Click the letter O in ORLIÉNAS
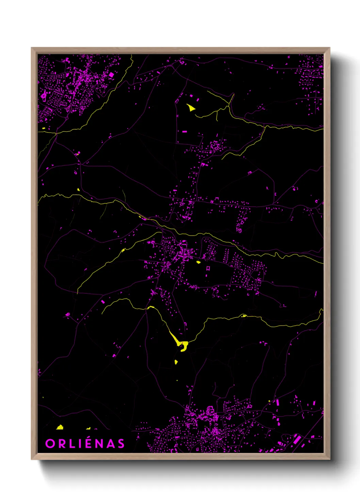(x=50, y=444)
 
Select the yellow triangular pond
(x=191, y=108)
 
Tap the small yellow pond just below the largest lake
(x=176, y=362)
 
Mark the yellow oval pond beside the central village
(x=199, y=262)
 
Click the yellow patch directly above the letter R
(x=60, y=427)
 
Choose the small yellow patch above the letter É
(x=88, y=428)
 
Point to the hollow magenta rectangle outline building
(x=208, y=268)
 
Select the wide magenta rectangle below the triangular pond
(x=184, y=131)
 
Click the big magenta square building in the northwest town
(x=111, y=75)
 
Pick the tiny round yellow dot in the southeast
(x=269, y=401)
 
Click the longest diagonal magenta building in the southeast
(x=297, y=439)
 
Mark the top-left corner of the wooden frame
(x=32, y=48)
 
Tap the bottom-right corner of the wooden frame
(x=329, y=459)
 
